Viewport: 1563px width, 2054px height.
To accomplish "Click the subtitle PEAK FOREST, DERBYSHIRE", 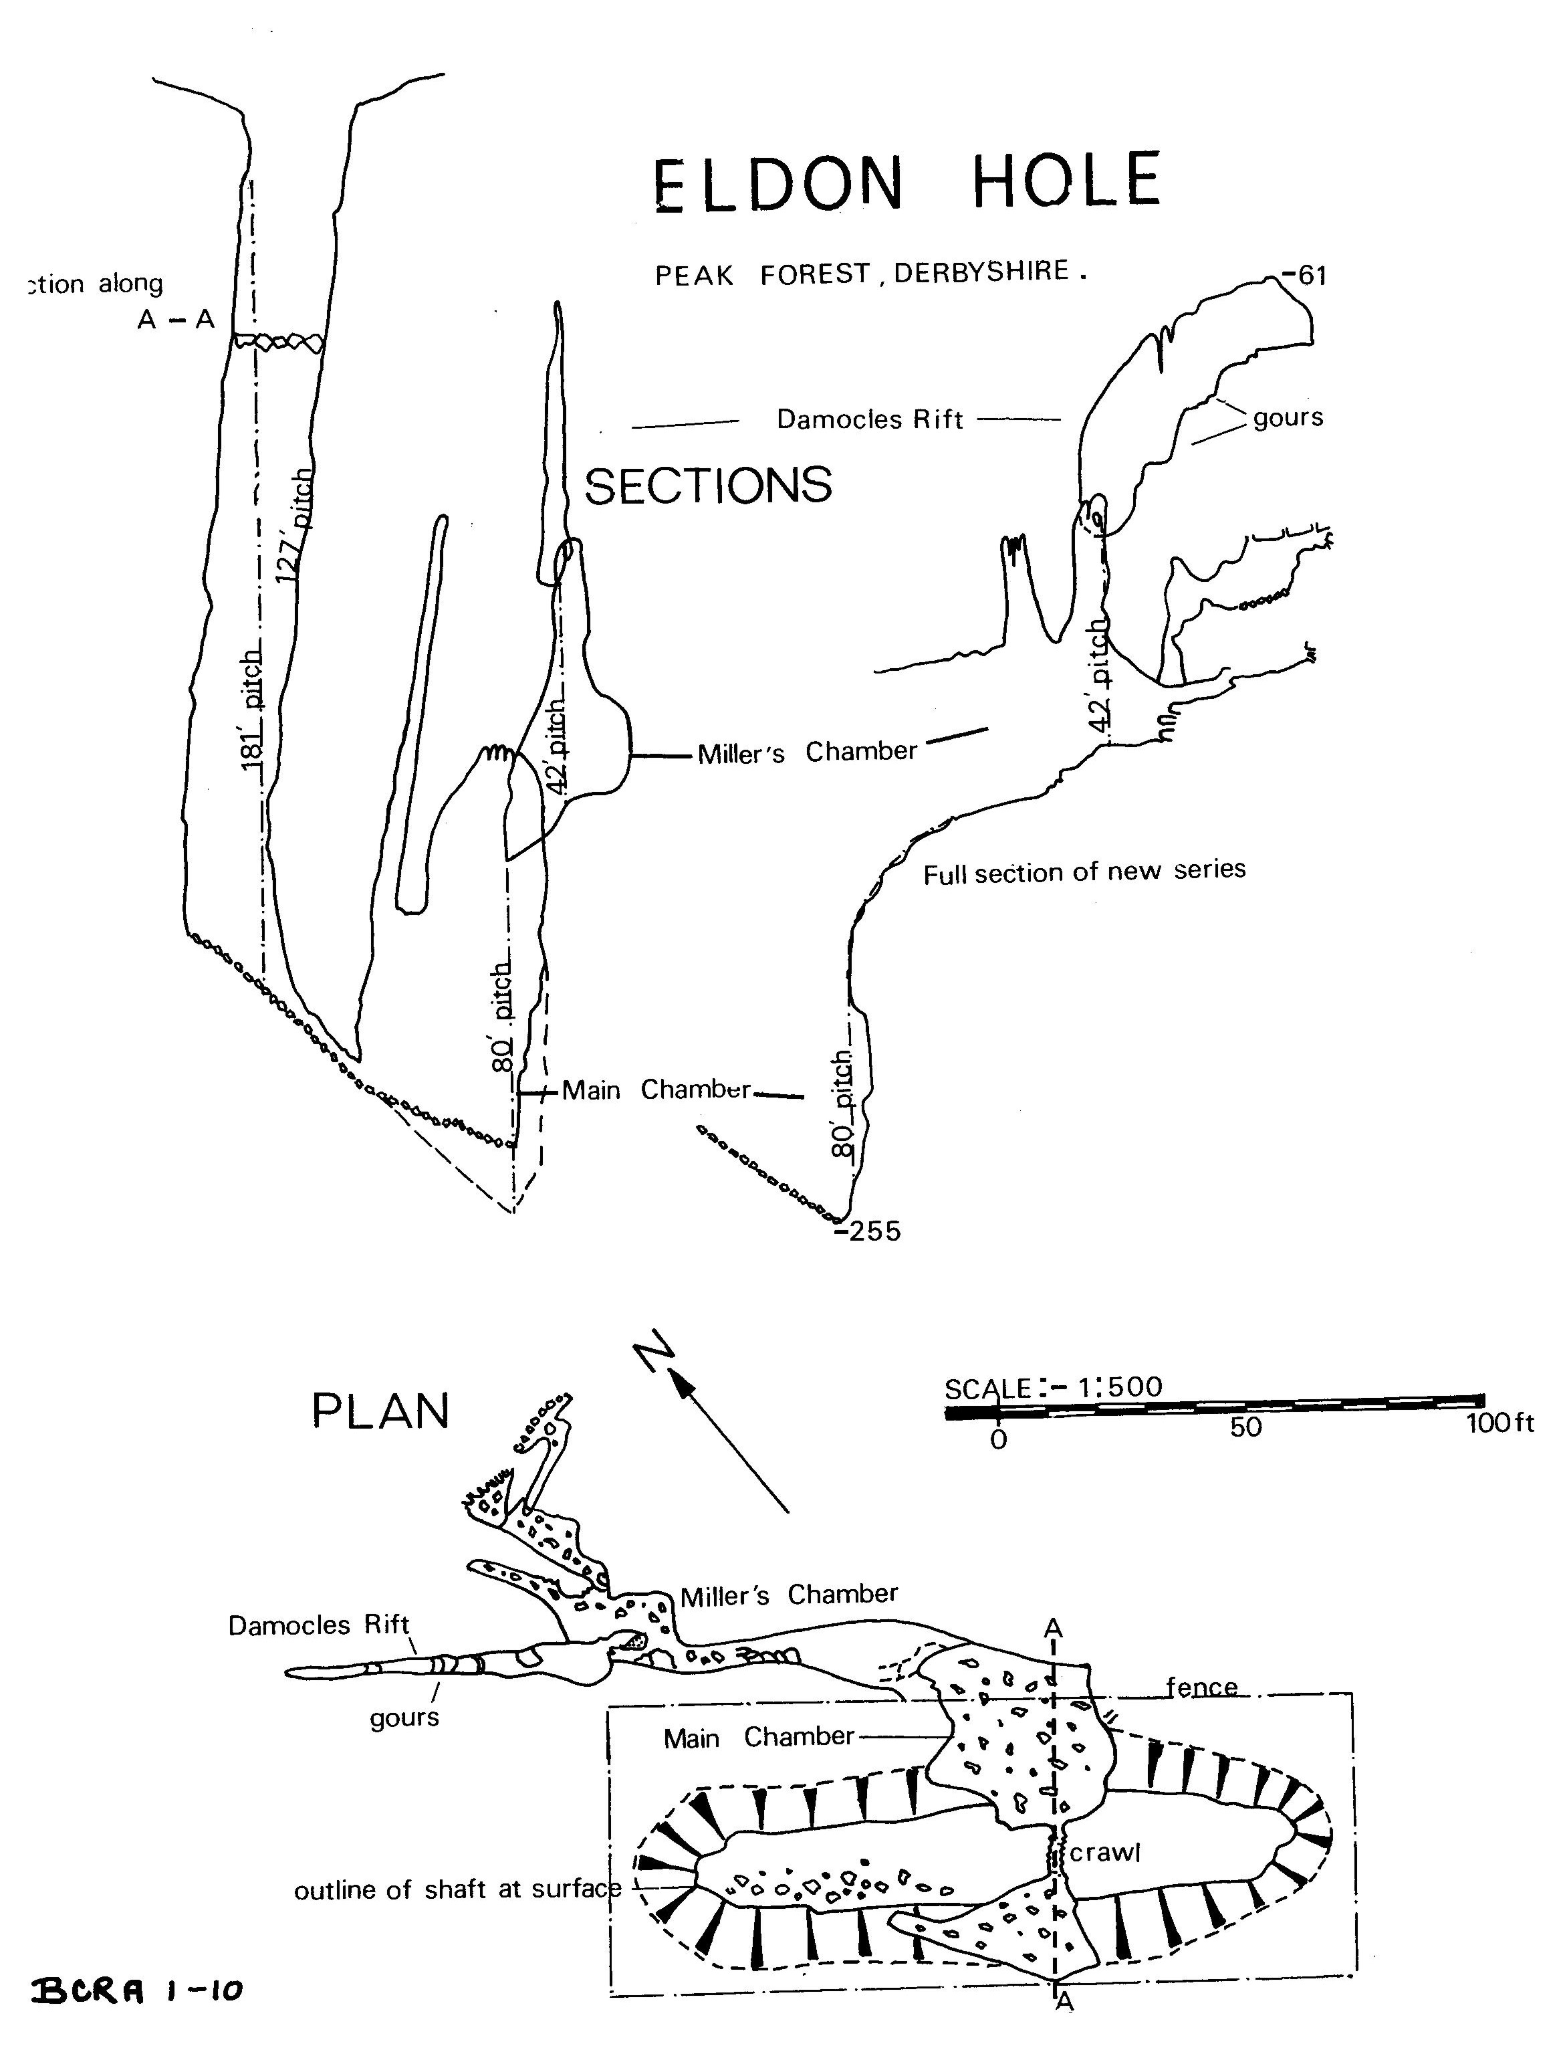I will click(x=871, y=274).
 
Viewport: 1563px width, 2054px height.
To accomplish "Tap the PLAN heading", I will click(x=380, y=1413).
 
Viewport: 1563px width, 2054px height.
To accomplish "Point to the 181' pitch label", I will click(x=252, y=710).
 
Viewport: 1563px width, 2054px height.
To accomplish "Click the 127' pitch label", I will click(x=297, y=526).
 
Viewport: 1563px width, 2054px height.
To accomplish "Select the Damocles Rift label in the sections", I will click(x=870, y=420).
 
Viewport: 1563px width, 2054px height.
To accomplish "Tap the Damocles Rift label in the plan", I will click(x=318, y=1625).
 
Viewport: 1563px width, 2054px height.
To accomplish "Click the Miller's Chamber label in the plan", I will click(x=789, y=1596).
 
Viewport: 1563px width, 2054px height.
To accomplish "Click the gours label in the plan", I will click(x=404, y=1717).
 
